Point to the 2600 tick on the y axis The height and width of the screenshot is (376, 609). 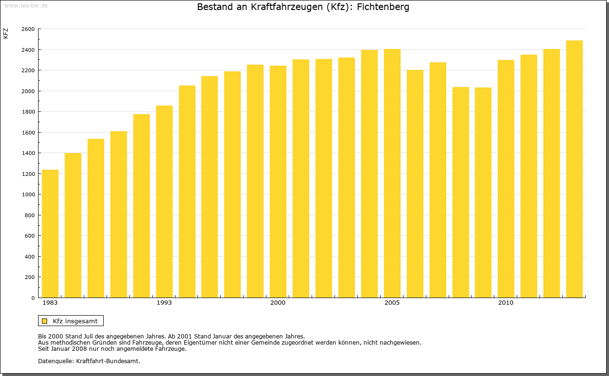click(28, 29)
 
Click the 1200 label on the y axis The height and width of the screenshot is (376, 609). click(28, 174)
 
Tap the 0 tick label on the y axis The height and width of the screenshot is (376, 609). click(32, 298)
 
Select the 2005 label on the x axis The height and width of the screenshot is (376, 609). click(392, 303)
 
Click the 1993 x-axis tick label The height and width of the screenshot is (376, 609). click(164, 303)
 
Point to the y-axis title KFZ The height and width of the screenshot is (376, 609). click(6, 33)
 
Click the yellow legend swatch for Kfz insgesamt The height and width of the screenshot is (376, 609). click(45, 321)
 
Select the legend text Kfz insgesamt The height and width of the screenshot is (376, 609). click(75, 321)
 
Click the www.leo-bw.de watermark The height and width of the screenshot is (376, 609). click(26, 5)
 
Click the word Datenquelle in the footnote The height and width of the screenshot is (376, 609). click(55, 361)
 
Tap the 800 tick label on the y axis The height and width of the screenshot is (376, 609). click(30, 215)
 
